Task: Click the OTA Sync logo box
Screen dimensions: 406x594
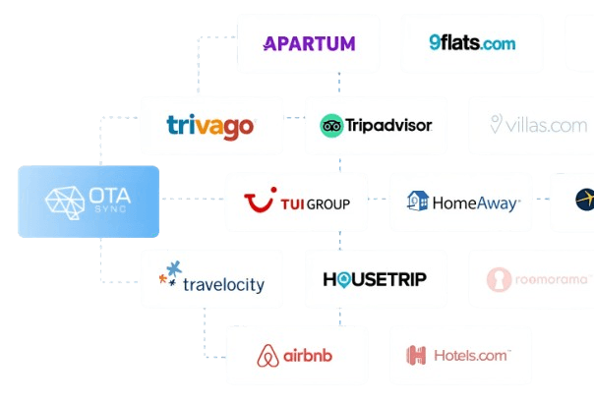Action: point(89,202)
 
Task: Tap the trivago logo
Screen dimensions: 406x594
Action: point(210,126)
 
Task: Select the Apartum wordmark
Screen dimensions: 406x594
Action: point(308,43)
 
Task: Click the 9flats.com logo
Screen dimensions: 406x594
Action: point(472,43)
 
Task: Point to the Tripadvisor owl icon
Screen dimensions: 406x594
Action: point(330,126)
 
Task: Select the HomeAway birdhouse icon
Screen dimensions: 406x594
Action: point(418,203)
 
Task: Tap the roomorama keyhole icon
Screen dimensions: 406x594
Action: point(499,280)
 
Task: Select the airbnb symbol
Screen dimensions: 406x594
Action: point(267,356)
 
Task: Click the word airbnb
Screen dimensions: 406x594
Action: point(311,357)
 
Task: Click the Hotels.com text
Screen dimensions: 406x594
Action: point(470,356)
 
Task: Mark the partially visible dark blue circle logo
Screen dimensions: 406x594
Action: point(584,201)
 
